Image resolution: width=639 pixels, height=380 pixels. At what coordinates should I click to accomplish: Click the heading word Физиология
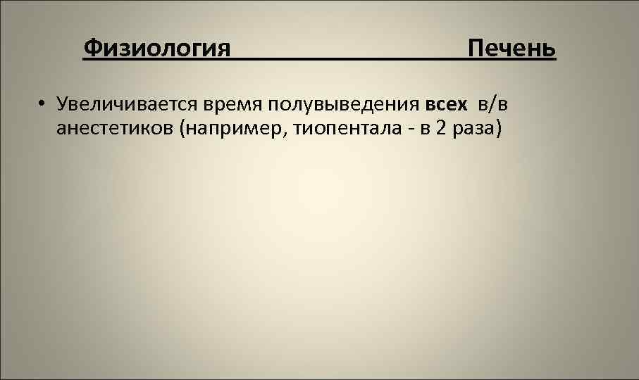[x=156, y=49]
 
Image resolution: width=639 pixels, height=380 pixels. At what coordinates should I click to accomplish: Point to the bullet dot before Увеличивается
[x=43, y=105]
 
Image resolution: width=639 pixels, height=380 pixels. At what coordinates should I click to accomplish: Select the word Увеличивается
[x=130, y=105]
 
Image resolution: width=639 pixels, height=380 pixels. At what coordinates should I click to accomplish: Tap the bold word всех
[x=446, y=105]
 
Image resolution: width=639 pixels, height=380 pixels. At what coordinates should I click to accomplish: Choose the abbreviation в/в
[x=492, y=105]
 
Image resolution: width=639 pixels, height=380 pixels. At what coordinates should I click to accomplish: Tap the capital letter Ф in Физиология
[x=91, y=49]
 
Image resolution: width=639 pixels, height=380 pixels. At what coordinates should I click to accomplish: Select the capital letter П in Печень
[x=476, y=49]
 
